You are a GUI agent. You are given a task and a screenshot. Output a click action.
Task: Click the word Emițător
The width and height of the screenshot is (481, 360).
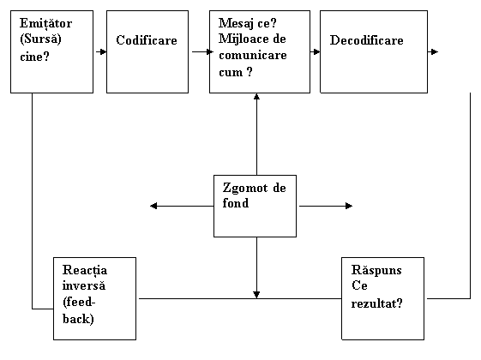coord(45,24)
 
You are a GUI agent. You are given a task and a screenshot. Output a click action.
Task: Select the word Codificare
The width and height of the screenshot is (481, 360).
coord(147,40)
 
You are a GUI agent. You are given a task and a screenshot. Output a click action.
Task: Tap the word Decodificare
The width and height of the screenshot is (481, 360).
coord(366,40)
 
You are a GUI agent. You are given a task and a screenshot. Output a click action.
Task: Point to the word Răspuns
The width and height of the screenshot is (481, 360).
coord(376,271)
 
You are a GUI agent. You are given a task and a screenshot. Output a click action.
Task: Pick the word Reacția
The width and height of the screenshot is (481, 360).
coord(85,271)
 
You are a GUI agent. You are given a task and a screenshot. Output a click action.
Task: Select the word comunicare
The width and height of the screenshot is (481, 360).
coord(253,56)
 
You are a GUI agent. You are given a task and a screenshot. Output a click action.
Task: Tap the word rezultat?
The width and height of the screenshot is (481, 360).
coord(376,303)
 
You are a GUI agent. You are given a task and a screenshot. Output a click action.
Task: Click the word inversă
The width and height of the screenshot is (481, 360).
coord(84,285)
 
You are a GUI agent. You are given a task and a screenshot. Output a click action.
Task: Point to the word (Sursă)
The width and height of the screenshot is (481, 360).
coord(40,39)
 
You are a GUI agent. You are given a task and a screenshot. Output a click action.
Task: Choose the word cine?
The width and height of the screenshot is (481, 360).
coord(34,57)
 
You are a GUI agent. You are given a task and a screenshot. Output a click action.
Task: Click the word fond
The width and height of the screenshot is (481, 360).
coord(235,203)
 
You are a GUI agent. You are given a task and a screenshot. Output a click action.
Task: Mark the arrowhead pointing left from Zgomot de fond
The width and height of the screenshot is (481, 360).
coord(153,206)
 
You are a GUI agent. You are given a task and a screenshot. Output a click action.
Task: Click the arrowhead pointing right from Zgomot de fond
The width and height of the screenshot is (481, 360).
coord(349,206)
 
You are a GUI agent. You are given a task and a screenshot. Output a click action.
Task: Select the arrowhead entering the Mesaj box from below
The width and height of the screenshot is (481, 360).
coord(256,97)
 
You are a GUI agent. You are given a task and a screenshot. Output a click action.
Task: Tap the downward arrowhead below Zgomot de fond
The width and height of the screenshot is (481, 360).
coord(256,295)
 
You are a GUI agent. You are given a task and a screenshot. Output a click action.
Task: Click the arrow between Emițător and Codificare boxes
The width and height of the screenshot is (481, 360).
coord(101,51)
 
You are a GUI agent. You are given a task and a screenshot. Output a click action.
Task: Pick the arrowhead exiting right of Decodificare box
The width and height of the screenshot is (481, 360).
coord(435,51)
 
